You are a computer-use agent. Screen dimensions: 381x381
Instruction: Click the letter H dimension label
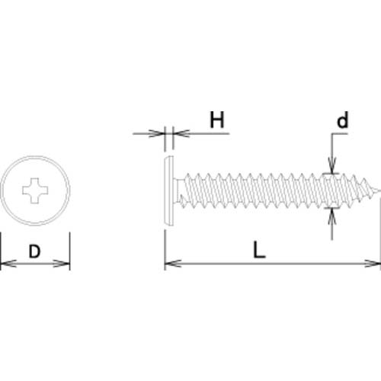217,120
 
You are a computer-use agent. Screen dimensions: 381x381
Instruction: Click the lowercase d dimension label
342,120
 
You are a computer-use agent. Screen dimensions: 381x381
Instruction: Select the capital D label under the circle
34,251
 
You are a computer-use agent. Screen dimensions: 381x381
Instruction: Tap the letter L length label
259,250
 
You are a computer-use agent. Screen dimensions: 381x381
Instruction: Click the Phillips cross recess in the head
35,190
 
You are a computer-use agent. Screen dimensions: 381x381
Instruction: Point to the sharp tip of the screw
379,190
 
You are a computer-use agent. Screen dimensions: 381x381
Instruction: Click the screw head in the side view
169,191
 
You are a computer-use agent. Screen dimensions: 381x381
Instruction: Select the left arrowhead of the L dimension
173,264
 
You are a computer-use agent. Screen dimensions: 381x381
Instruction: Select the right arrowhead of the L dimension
373,264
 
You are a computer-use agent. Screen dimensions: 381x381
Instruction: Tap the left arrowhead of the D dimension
8,264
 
